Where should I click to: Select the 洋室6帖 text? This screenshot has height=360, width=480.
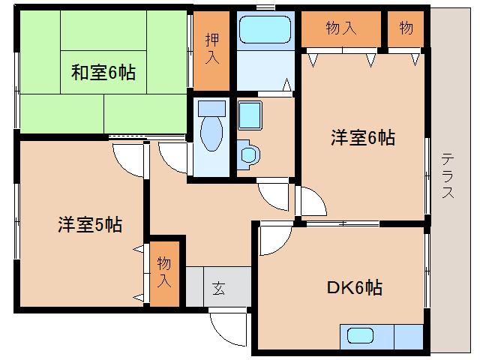(363, 138)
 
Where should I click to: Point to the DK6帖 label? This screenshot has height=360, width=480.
(355, 287)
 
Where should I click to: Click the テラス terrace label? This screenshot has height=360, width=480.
(447, 175)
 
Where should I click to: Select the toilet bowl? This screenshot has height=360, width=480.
(212, 131)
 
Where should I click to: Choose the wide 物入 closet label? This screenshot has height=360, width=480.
(340, 29)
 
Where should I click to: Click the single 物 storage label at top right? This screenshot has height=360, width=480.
(406, 29)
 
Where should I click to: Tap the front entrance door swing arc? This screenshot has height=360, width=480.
(228, 329)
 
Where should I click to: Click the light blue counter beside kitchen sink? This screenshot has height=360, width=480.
(408, 337)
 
